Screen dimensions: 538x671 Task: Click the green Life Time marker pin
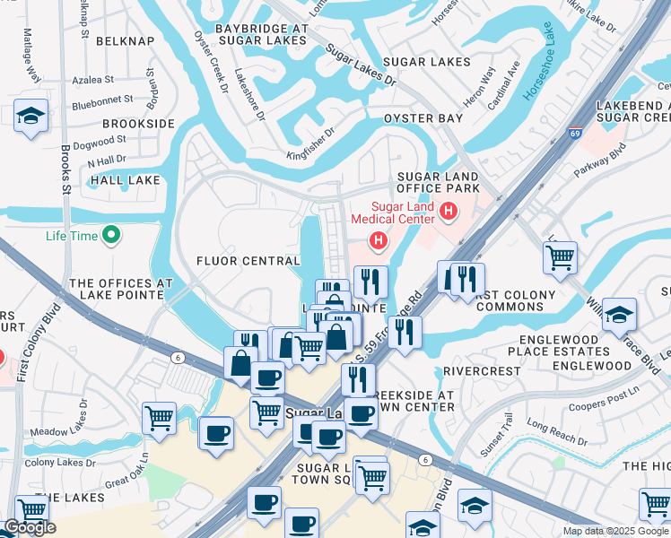tap(111, 236)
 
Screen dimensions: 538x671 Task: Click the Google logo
tap(29, 527)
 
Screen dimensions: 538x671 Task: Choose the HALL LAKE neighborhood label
tap(124, 180)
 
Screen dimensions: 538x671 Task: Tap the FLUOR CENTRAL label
tap(248, 261)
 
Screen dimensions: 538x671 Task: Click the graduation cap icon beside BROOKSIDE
tap(31, 116)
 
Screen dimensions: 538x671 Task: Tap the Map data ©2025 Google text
tap(615, 531)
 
